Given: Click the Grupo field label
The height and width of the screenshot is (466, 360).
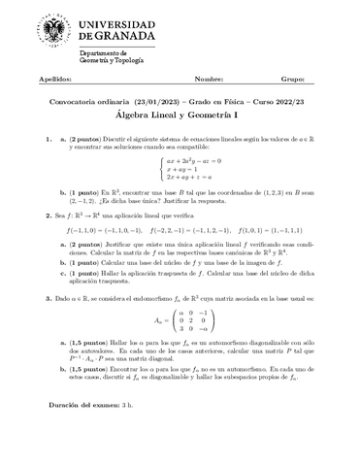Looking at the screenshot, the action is tap(292, 78).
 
